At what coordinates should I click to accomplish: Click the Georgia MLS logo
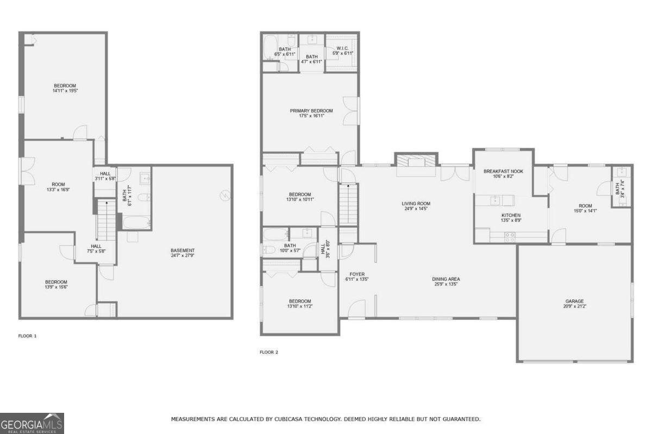click(x=32, y=423)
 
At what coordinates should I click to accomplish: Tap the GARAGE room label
click(x=574, y=301)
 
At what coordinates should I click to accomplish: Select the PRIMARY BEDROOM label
click(x=311, y=110)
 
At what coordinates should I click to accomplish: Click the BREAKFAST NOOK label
click(x=503, y=171)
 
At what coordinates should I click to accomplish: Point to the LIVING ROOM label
click(x=416, y=203)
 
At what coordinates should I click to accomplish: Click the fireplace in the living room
click(x=416, y=162)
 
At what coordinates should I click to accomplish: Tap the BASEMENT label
click(x=183, y=250)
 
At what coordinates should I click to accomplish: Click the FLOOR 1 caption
click(x=27, y=336)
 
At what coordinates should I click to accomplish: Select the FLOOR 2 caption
click(x=268, y=352)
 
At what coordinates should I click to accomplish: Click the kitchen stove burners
click(x=510, y=236)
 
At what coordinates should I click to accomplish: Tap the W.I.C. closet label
click(x=342, y=48)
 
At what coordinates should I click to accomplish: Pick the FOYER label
click(x=357, y=274)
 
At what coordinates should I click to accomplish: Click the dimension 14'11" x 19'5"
click(x=65, y=91)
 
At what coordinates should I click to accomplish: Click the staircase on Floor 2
click(x=348, y=204)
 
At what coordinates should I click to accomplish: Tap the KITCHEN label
click(x=511, y=215)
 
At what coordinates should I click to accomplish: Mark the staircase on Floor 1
click(x=107, y=221)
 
